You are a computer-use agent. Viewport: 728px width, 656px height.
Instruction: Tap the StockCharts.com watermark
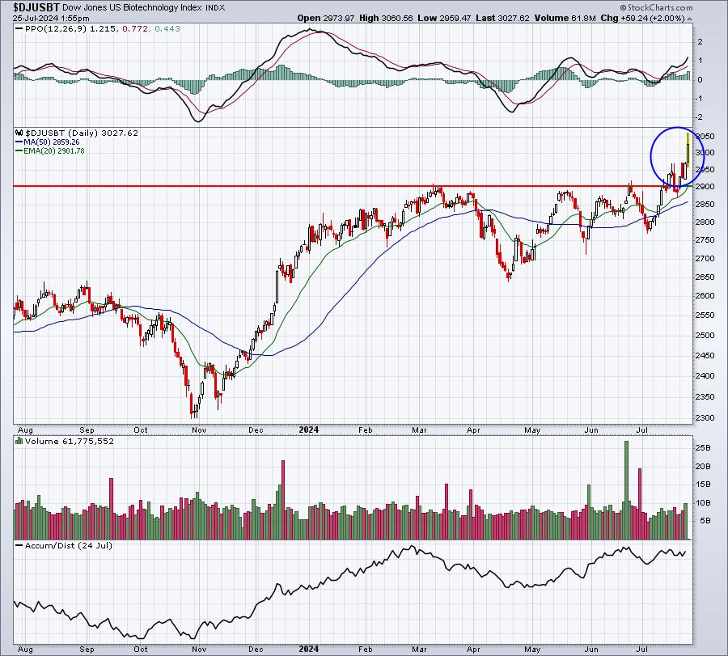click(x=657, y=7)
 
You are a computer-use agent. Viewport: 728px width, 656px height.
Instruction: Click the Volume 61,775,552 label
click(x=70, y=441)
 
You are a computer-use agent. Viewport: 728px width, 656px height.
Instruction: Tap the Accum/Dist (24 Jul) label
click(x=68, y=545)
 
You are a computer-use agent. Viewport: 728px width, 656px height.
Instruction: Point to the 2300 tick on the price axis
click(x=705, y=417)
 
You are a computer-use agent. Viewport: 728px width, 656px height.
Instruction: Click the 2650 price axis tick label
click(x=705, y=277)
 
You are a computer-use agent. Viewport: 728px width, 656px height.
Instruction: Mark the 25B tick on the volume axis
click(x=701, y=448)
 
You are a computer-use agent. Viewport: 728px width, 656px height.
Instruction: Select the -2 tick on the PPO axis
click(x=698, y=117)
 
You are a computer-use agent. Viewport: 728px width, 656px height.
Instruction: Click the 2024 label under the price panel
click(x=309, y=430)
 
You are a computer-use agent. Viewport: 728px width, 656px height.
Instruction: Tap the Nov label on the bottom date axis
click(x=199, y=649)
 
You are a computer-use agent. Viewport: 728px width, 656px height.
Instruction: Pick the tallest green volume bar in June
click(x=626, y=490)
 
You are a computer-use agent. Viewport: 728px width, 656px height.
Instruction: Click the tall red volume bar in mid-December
click(x=283, y=500)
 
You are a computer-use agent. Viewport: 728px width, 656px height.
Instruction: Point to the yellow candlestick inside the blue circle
click(x=688, y=150)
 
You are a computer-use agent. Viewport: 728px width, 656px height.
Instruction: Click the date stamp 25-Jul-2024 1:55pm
click(x=51, y=18)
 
